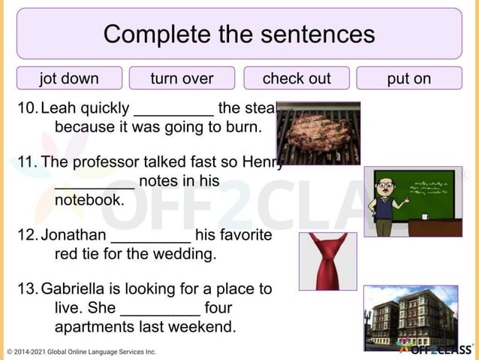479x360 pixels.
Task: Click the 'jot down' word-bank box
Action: coord(69,78)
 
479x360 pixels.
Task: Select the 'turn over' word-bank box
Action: coord(182,78)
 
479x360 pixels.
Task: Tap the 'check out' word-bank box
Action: coord(296,78)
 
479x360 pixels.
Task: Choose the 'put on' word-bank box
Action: coord(408,78)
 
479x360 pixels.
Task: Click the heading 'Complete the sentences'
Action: coord(239,34)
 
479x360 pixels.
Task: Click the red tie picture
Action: coord(327,261)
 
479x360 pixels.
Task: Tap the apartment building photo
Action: coord(410,318)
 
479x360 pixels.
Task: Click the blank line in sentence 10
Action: coord(173,110)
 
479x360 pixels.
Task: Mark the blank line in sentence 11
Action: coord(95,183)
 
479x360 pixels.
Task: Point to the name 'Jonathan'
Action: coord(73,235)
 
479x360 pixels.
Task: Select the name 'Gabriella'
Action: coord(74,289)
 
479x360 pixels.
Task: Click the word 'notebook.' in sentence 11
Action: coord(89,200)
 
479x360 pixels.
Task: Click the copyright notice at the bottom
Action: coord(81,352)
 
